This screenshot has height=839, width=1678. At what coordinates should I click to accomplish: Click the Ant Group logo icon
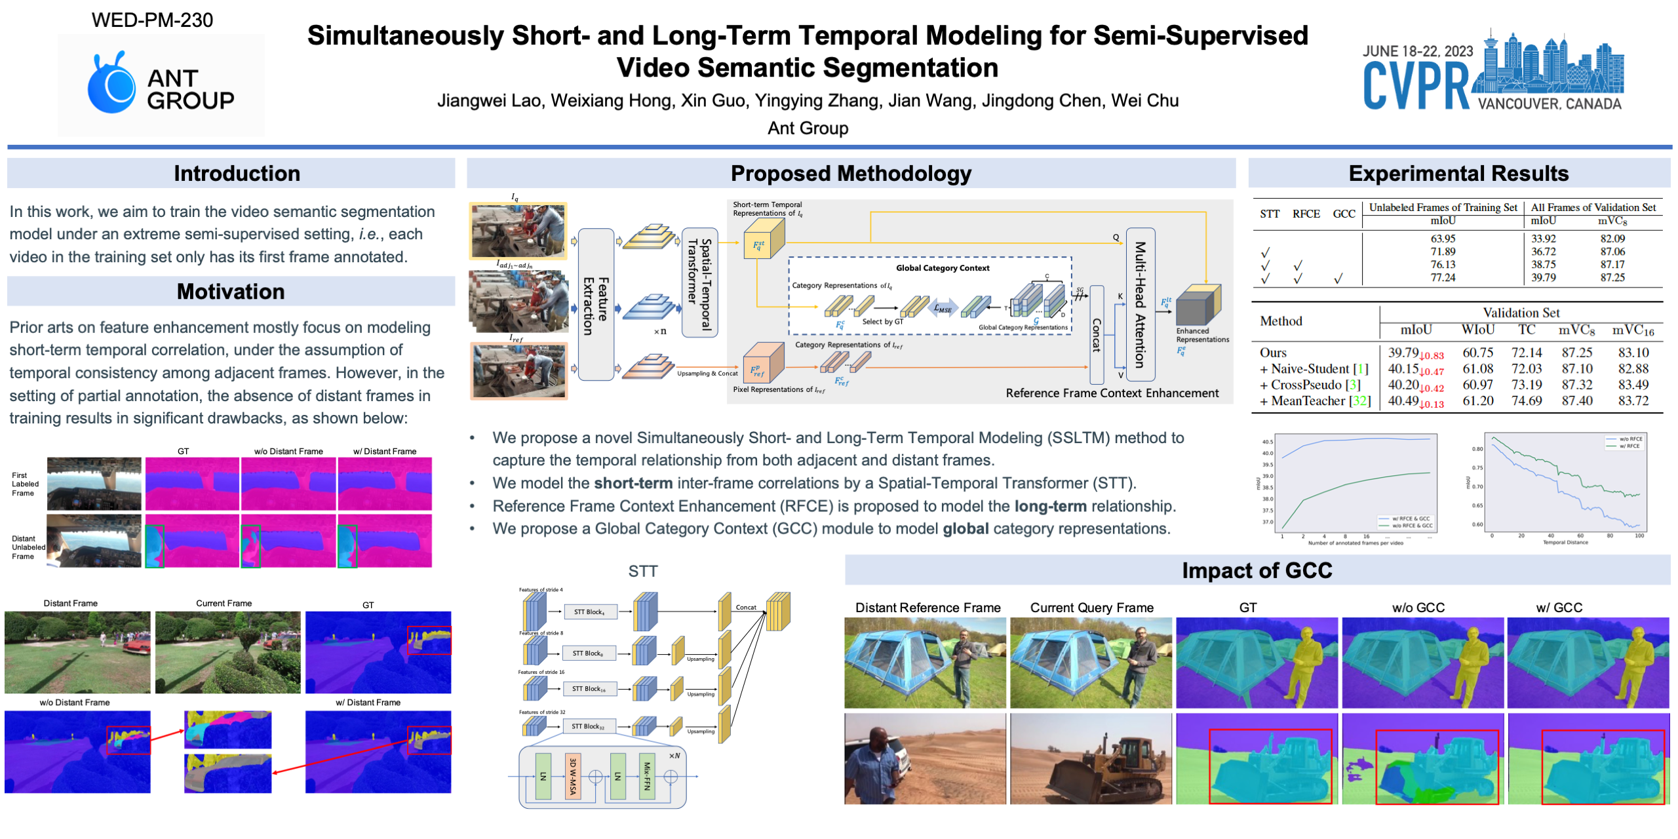coord(111,84)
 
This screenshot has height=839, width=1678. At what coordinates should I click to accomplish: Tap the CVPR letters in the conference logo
coord(1415,86)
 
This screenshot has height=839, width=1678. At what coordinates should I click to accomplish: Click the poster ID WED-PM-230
coord(152,20)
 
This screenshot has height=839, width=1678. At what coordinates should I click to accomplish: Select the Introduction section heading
coord(237,174)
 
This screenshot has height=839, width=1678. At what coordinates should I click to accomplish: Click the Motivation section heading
coord(231,292)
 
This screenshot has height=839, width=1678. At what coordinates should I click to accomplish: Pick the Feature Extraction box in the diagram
coord(596,305)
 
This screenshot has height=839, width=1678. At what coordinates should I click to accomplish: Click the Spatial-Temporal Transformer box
coord(699,283)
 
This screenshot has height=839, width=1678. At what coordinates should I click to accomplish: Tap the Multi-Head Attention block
coord(1140,304)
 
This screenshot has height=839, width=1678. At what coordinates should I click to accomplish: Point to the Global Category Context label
coord(942,268)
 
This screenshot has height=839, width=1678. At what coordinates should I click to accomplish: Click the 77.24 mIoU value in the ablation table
coord(1442,278)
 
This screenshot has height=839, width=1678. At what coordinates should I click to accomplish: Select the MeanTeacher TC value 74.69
coord(1526,401)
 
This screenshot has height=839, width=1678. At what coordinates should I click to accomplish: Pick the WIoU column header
coord(1477,330)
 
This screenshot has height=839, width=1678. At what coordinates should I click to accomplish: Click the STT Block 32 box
coord(588,726)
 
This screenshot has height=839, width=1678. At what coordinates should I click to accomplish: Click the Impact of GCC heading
coord(1257,570)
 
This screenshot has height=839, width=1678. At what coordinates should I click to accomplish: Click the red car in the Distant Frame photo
coord(136,647)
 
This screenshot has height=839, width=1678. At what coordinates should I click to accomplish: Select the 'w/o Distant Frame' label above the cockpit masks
coord(288,452)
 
